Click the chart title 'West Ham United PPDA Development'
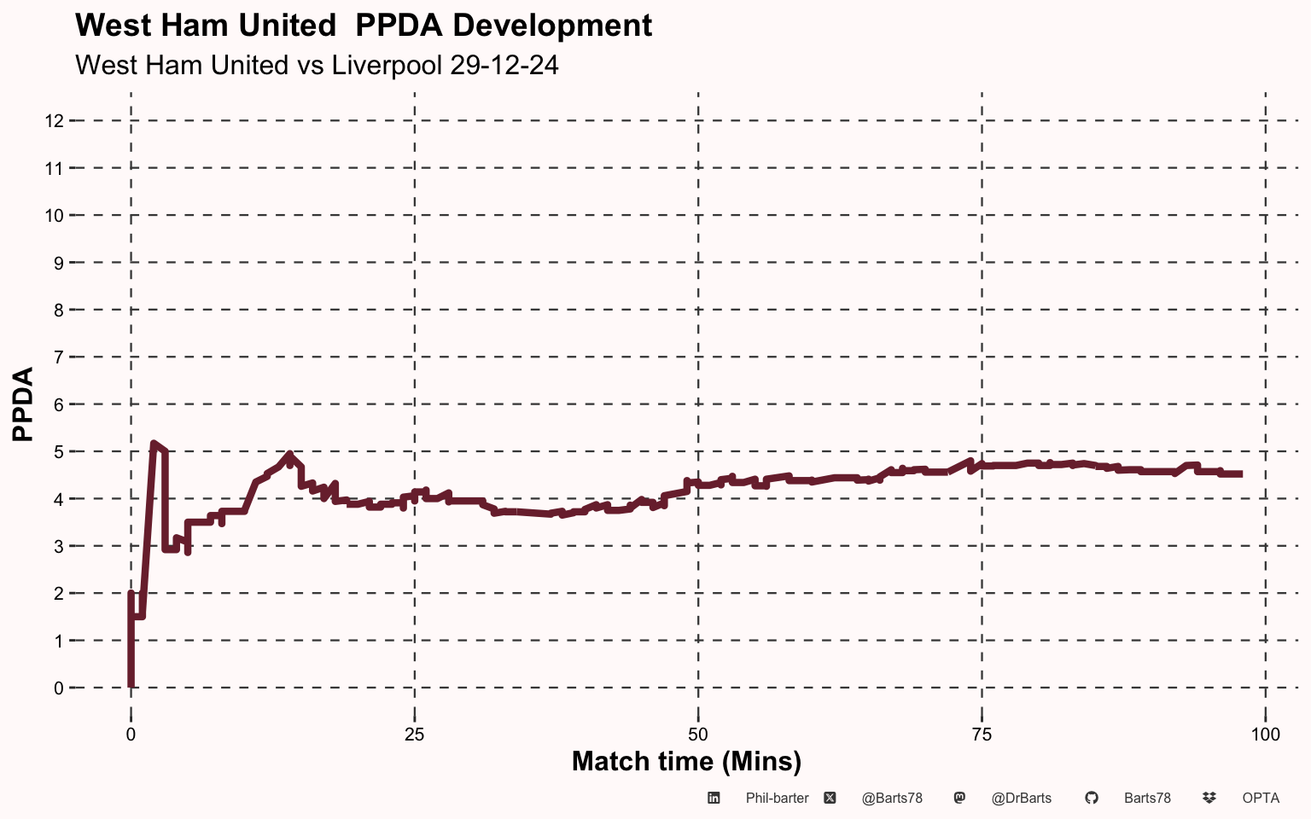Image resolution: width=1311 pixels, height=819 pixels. tap(364, 26)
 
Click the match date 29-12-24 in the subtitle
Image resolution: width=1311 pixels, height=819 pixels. tap(504, 66)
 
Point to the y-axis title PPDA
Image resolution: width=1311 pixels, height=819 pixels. tap(24, 404)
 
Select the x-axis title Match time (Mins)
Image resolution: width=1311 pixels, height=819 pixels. tap(686, 761)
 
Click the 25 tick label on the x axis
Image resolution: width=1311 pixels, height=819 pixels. tap(414, 735)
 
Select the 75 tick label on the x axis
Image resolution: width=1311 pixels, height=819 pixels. tap(982, 735)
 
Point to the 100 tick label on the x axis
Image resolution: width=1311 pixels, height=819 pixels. tap(1265, 735)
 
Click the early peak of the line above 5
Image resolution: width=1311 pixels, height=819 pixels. tap(154, 444)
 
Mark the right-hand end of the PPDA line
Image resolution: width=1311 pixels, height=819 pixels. tap(1240, 473)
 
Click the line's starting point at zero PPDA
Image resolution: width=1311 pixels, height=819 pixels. tap(131, 685)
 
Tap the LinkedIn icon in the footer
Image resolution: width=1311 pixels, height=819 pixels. tap(714, 799)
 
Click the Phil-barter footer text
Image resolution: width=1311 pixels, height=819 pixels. tap(777, 799)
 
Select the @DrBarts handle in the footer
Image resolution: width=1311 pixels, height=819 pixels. tap(1021, 799)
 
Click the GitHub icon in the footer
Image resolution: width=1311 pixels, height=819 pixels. tap(1091, 799)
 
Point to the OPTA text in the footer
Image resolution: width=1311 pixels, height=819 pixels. tap(1261, 799)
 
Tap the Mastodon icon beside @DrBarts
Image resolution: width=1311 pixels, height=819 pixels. tap(959, 799)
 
